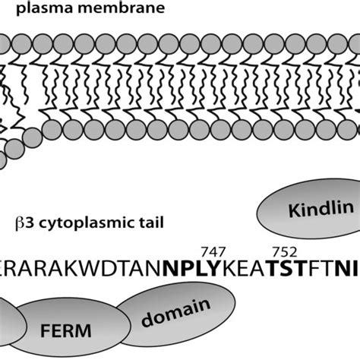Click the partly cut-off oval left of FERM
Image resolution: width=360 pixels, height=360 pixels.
(8, 319)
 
